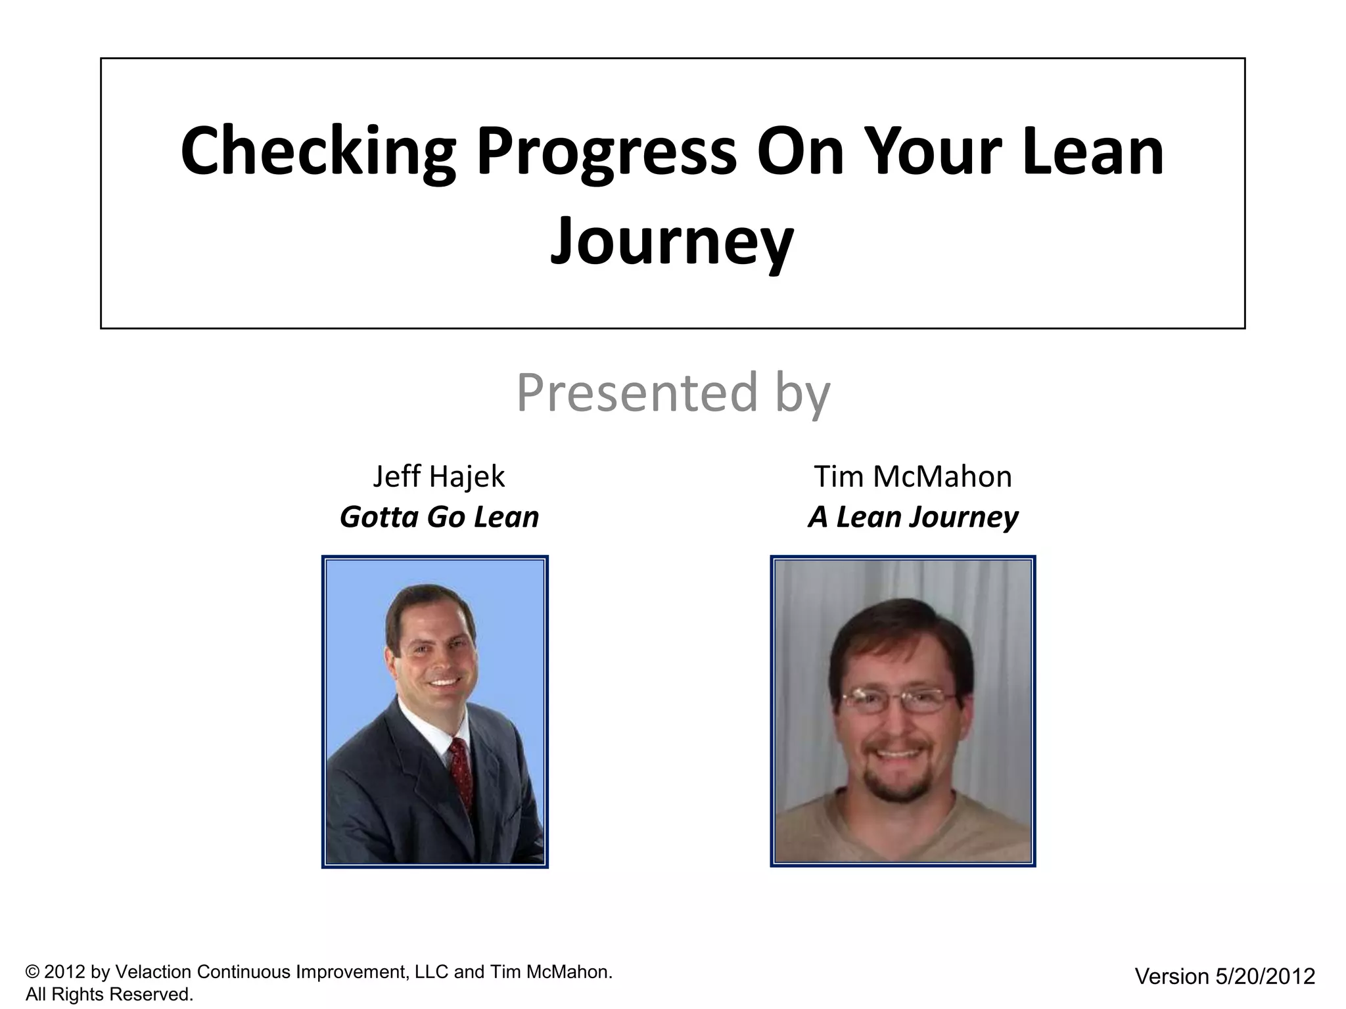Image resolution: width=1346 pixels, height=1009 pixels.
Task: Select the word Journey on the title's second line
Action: click(x=672, y=241)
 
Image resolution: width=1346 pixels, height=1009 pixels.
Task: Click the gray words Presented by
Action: click(x=673, y=392)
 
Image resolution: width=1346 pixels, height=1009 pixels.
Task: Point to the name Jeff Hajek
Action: click(x=438, y=476)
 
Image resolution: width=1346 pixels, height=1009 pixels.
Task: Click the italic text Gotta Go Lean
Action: click(x=439, y=517)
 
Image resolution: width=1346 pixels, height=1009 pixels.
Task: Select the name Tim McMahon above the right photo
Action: click(x=912, y=476)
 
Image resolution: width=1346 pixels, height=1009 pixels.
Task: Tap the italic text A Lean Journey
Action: click(x=912, y=517)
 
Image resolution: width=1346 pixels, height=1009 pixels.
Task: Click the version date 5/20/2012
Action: click(x=1265, y=976)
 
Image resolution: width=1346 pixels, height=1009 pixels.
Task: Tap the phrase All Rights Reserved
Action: click(x=109, y=995)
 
